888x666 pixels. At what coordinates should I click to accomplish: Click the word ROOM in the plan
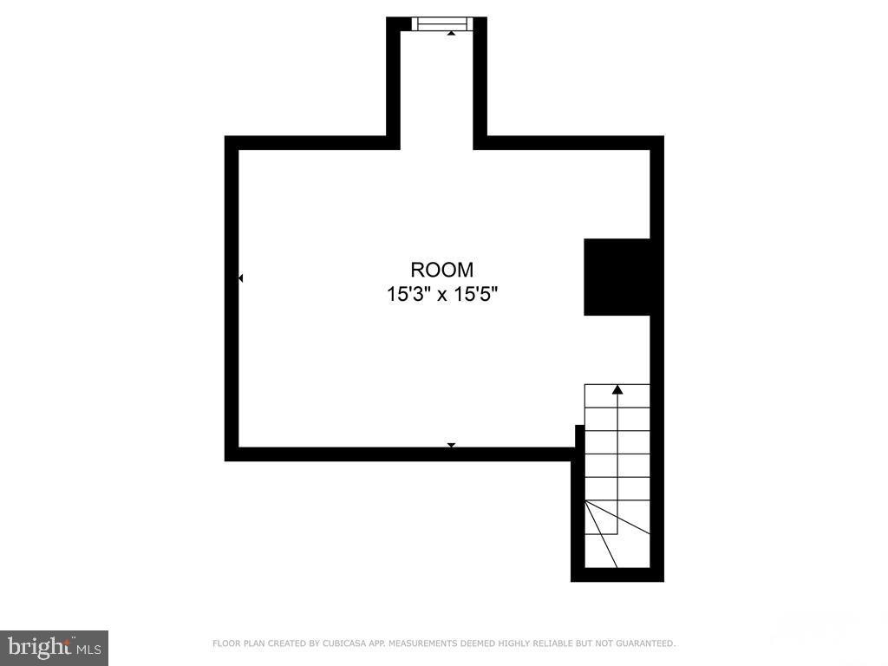point(442,270)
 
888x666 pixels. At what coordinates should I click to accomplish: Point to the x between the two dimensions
point(442,296)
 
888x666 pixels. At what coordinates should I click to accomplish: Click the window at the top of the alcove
point(442,23)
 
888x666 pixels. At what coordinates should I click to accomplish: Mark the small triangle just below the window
point(451,33)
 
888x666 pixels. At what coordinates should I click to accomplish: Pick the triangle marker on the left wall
point(240,278)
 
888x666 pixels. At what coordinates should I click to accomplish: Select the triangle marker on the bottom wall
point(451,445)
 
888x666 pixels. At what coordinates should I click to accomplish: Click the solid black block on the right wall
point(617,277)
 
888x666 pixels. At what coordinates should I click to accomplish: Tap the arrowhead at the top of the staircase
point(617,390)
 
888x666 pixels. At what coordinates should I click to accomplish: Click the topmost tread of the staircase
point(617,395)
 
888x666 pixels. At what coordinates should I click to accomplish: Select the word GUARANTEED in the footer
point(644,643)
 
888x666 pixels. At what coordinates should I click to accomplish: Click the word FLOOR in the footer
point(225,643)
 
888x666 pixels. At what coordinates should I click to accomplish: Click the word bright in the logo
point(38,646)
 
